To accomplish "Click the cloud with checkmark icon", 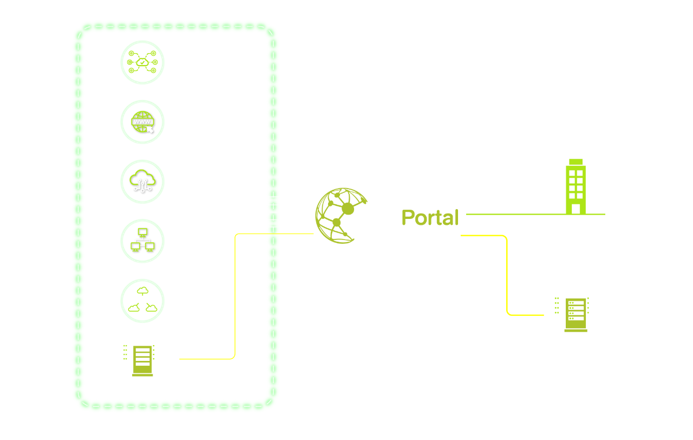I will [142, 63].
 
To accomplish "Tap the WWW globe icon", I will [142, 122].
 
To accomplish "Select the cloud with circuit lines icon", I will [142, 182].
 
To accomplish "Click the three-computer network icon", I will [142, 241].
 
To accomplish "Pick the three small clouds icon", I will [142, 301].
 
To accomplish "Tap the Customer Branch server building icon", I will [576, 313].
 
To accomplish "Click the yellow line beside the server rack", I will [206, 359].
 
